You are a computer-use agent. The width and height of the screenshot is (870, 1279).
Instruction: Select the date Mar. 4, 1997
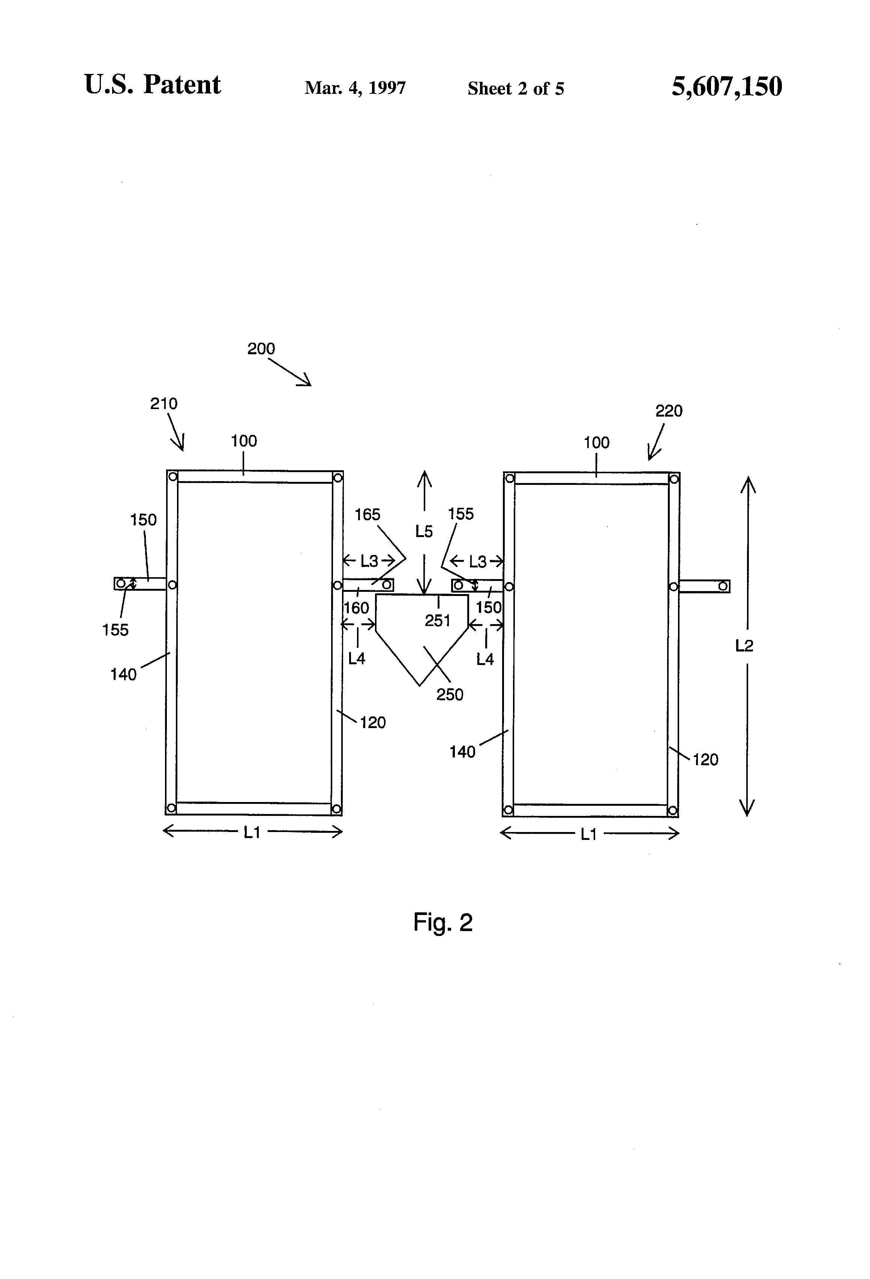pos(355,88)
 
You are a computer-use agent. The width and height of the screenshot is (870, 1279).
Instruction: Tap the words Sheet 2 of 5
pos(516,89)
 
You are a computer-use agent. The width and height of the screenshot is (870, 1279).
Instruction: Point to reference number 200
pos(261,348)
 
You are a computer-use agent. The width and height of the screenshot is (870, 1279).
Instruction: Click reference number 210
pos(164,403)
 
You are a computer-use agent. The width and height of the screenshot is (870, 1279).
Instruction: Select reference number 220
pos(669,411)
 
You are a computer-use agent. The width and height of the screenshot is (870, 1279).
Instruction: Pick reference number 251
pos(438,620)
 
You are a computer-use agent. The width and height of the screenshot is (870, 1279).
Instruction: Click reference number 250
pos(450,695)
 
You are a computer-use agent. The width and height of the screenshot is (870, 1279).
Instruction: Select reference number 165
pos(367,515)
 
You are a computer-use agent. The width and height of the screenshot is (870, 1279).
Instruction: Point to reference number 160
pos(356,608)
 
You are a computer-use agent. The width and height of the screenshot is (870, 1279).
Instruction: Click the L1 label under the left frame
pos(252,833)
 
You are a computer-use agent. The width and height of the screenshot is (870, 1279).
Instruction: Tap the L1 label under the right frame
pos(589,834)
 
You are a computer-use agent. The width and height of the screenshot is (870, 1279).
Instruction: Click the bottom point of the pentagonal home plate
pos(420,686)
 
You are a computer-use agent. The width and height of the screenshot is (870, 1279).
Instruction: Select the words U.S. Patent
pos(152,85)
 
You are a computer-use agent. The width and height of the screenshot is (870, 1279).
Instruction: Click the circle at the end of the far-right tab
pos(723,587)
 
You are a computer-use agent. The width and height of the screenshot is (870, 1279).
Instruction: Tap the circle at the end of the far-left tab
pos(120,583)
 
